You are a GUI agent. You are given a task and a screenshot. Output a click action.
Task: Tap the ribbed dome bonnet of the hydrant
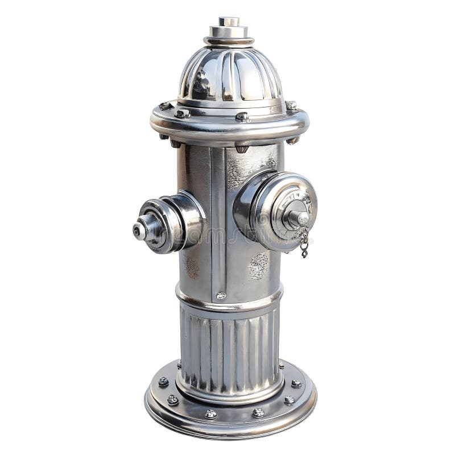tap(230, 74)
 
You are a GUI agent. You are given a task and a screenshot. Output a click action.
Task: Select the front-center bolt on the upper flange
tap(242, 117)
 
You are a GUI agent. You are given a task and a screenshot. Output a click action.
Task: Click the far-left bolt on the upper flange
tap(165, 106)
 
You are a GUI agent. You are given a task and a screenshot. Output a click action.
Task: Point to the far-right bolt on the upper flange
tap(291, 106)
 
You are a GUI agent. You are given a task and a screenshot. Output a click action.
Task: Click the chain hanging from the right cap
tap(305, 243)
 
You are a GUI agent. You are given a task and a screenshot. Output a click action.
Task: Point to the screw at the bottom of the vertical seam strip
tap(221, 295)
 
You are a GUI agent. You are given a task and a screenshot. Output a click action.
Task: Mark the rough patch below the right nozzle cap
tap(259, 266)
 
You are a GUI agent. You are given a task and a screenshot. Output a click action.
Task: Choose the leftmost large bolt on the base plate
tap(163, 382)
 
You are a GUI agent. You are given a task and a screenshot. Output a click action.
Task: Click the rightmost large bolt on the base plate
tap(296, 383)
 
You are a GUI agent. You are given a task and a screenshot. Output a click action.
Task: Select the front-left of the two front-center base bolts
tap(210, 413)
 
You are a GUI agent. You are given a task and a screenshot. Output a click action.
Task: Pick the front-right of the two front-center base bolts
tap(258, 412)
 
